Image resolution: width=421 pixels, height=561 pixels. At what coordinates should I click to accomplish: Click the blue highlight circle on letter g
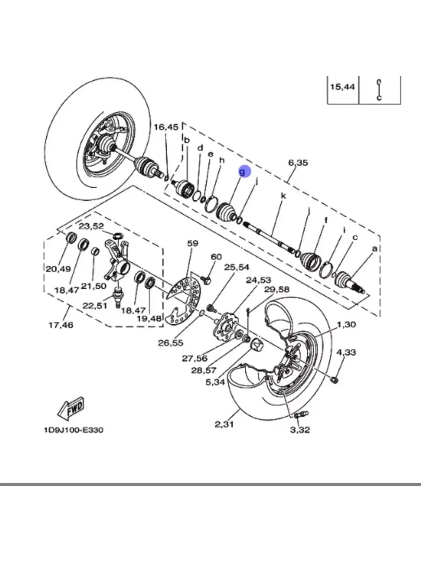[x=245, y=171]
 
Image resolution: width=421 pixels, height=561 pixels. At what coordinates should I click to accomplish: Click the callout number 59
[x=193, y=243]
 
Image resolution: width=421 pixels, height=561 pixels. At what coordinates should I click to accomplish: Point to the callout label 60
[x=216, y=257]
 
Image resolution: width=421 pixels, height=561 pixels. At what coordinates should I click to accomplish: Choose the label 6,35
[x=298, y=162]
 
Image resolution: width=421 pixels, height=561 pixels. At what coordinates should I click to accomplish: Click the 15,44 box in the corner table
[x=343, y=87]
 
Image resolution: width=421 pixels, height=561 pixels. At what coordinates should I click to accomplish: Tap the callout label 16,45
[x=166, y=127]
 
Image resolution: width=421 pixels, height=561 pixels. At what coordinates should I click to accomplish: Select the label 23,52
[x=91, y=226]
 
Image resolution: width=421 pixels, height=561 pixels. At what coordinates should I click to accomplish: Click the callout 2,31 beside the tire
[x=224, y=425]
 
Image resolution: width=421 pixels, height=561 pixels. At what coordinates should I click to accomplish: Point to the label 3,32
[x=300, y=430]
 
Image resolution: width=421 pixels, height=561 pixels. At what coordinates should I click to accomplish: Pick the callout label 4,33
[x=346, y=352]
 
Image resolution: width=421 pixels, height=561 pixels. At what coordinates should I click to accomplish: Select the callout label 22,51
[x=95, y=306]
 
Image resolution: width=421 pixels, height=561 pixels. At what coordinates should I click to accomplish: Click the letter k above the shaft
[x=283, y=196]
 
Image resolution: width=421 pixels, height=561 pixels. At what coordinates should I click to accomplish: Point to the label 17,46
[x=61, y=325]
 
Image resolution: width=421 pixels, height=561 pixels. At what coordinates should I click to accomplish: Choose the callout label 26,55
[x=171, y=343]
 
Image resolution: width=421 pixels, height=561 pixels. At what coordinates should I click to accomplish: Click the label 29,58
[x=277, y=290]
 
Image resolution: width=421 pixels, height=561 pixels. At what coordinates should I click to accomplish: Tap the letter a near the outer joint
[x=374, y=248]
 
